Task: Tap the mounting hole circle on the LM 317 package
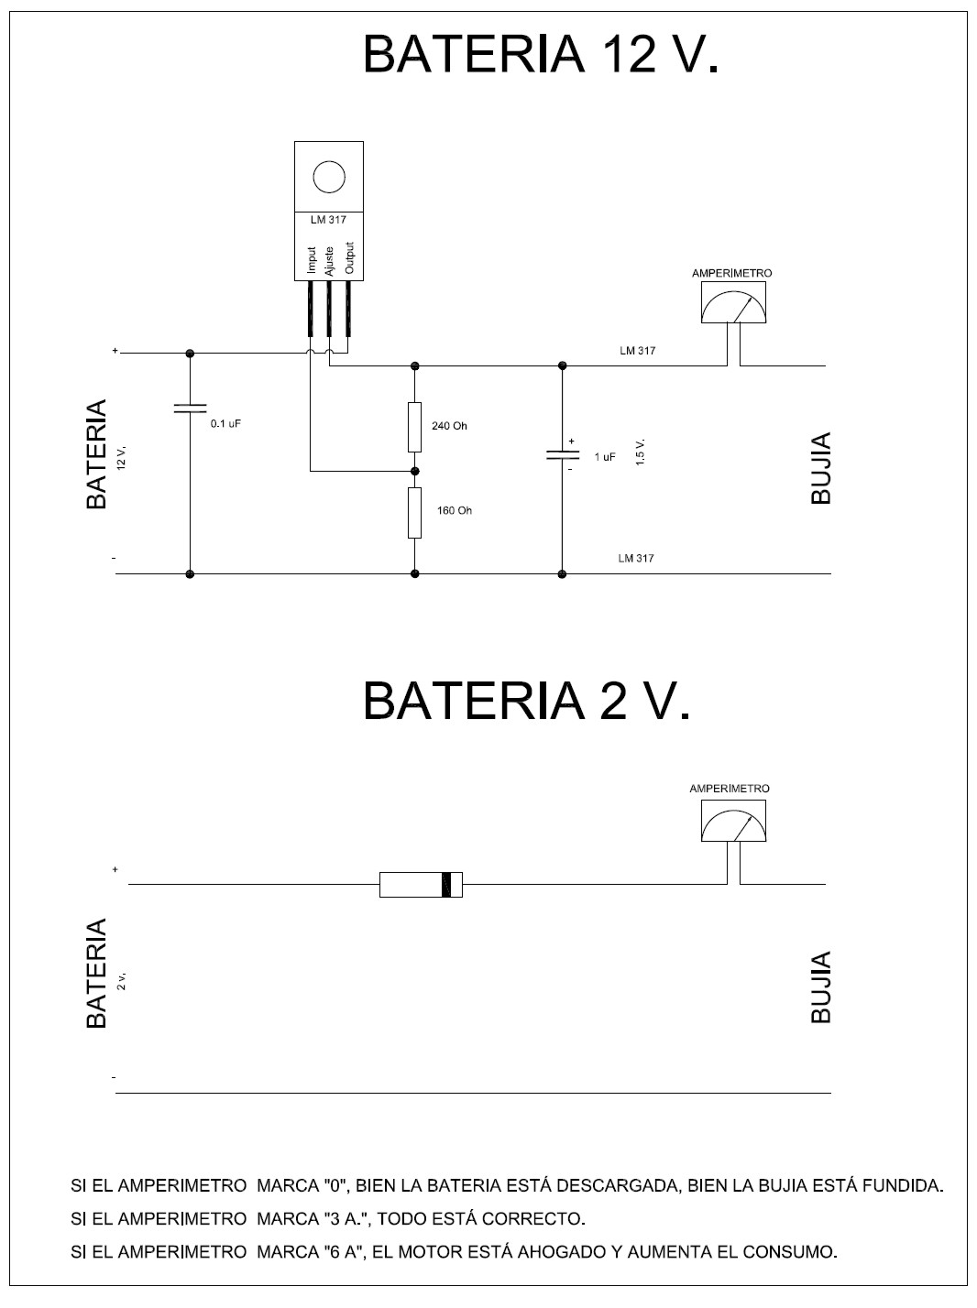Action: click(328, 176)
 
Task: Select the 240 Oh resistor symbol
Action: click(414, 427)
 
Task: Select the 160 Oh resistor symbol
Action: click(414, 513)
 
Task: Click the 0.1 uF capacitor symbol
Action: click(190, 409)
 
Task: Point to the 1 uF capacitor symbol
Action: click(562, 454)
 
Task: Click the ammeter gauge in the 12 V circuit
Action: click(733, 303)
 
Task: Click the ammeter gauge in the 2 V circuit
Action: click(733, 821)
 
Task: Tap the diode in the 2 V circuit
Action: click(421, 885)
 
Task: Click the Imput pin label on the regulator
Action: click(312, 260)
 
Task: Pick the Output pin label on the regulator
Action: click(348, 257)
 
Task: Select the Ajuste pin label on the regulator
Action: click(330, 259)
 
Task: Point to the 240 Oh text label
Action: click(449, 426)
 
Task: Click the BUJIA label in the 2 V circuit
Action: click(821, 986)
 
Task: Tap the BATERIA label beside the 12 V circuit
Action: click(96, 454)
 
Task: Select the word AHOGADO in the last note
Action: click(561, 1251)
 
